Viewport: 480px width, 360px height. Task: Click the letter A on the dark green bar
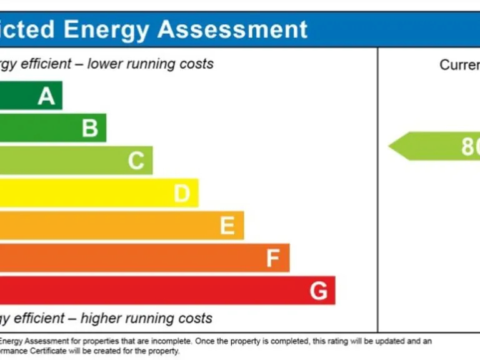[x=46, y=96]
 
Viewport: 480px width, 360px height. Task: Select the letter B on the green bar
[x=90, y=128]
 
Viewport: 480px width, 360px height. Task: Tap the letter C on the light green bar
[x=136, y=161]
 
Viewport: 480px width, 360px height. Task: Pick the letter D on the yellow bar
[x=181, y=193]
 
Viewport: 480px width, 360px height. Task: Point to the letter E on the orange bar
[x=227, y=226]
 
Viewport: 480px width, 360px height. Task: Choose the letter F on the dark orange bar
[x=272, y=258]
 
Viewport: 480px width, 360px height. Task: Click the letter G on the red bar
[x=318, y=291]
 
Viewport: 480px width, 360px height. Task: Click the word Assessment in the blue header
[x=232, y=29]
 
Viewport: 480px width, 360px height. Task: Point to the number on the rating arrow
[x=470, y=146]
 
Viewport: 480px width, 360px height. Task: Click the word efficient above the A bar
[x=48, y=64]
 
